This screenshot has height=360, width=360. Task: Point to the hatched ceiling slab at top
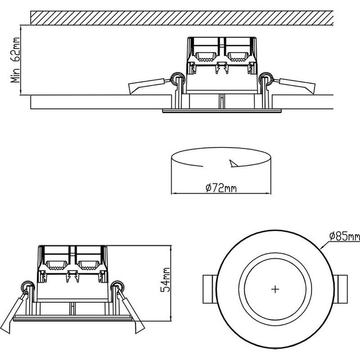coord(180,17)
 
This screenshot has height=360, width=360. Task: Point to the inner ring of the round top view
coord(274,263)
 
